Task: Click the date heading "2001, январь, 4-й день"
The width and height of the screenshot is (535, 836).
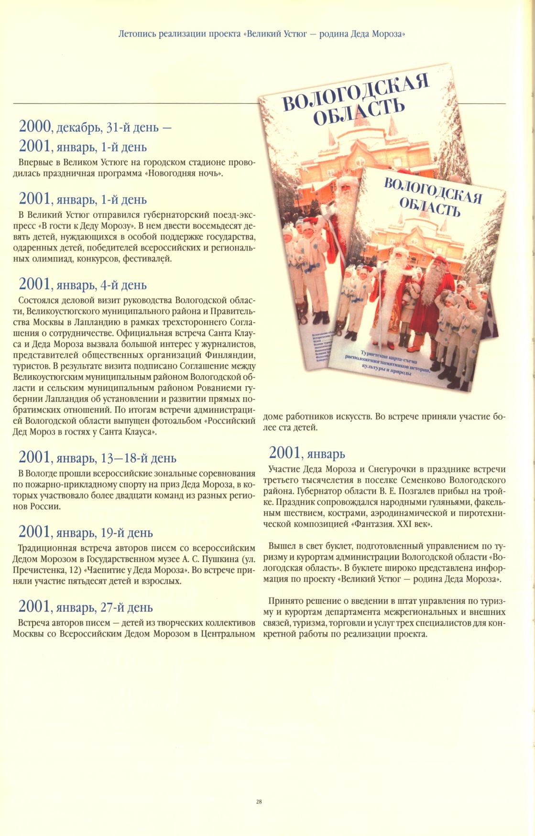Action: tap(82, 285)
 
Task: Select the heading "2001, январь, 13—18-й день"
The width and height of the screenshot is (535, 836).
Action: tap(97, 458)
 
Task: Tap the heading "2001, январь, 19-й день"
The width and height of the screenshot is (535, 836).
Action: tap(86, 532)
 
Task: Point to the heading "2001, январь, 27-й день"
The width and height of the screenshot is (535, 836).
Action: tap(86, 607)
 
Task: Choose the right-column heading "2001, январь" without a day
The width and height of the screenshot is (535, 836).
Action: tap(307, 453)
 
